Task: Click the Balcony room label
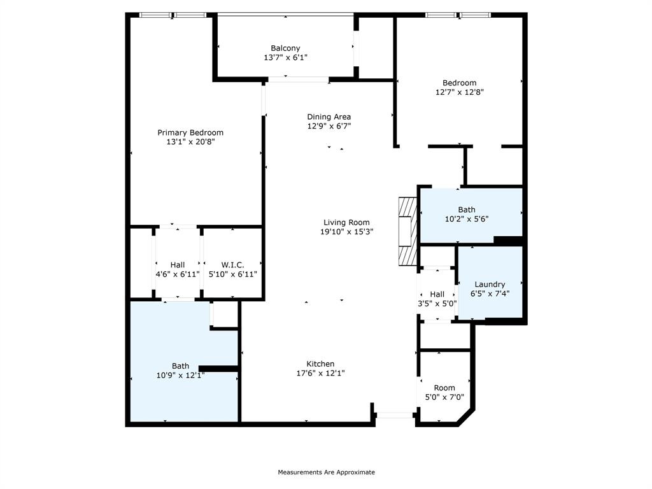[285, 48]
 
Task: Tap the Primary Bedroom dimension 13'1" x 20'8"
[190, 142]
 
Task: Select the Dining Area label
[329, 117]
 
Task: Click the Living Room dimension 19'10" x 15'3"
[346, 232]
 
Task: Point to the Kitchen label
[320, 364]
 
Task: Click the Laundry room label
[490, 284]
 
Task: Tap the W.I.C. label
[232, 264]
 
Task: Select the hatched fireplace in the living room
[406, 231]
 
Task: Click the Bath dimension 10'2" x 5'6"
[467, 218]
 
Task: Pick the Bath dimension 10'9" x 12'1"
[180, 375]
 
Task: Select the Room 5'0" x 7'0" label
[444, 388]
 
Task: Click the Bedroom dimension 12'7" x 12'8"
[459, 92]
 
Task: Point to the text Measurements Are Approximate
[326, 472]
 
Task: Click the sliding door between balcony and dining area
[298, 80]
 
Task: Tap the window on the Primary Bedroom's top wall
[173, 15]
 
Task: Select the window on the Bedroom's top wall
[458, 15]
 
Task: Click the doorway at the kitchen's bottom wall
[395, 415]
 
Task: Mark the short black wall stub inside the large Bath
[218, 368]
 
